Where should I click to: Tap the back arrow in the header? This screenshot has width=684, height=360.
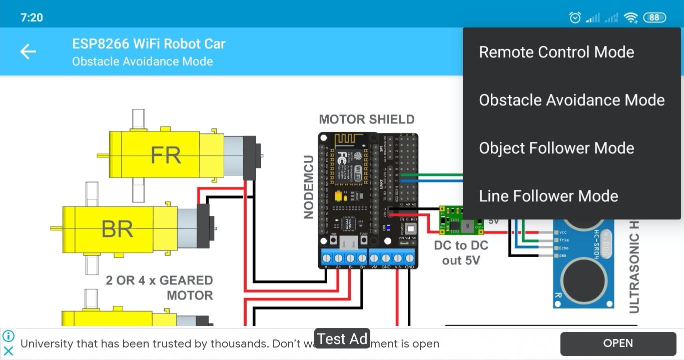pos(28,51)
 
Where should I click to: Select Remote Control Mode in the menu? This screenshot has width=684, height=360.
pos(556,52)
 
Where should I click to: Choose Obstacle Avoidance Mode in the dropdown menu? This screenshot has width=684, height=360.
pos(571,100)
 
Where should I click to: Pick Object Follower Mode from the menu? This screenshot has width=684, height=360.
pos(556,148)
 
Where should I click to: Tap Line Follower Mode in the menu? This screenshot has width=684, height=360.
pos(548,196)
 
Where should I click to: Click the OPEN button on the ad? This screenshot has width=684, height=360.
pos(618,343)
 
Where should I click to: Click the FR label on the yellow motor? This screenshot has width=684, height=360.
pos(166,155)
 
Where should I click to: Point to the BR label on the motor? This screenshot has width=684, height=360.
pos(117,229)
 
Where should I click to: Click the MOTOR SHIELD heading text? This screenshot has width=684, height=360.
pos(367,119)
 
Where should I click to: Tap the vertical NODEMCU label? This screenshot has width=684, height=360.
pos(309,186)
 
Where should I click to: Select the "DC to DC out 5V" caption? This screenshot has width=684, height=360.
pos(461,253)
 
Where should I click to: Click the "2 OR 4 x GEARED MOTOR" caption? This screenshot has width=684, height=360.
pos(159,287)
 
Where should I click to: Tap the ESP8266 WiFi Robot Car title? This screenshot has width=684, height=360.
pos(149,44)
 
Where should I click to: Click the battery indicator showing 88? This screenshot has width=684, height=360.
pos(654,17)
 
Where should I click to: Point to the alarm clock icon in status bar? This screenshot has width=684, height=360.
pos(575,17)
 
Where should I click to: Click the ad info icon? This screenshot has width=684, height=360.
pos(9,336)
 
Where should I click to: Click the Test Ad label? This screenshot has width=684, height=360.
pos(342,339)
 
